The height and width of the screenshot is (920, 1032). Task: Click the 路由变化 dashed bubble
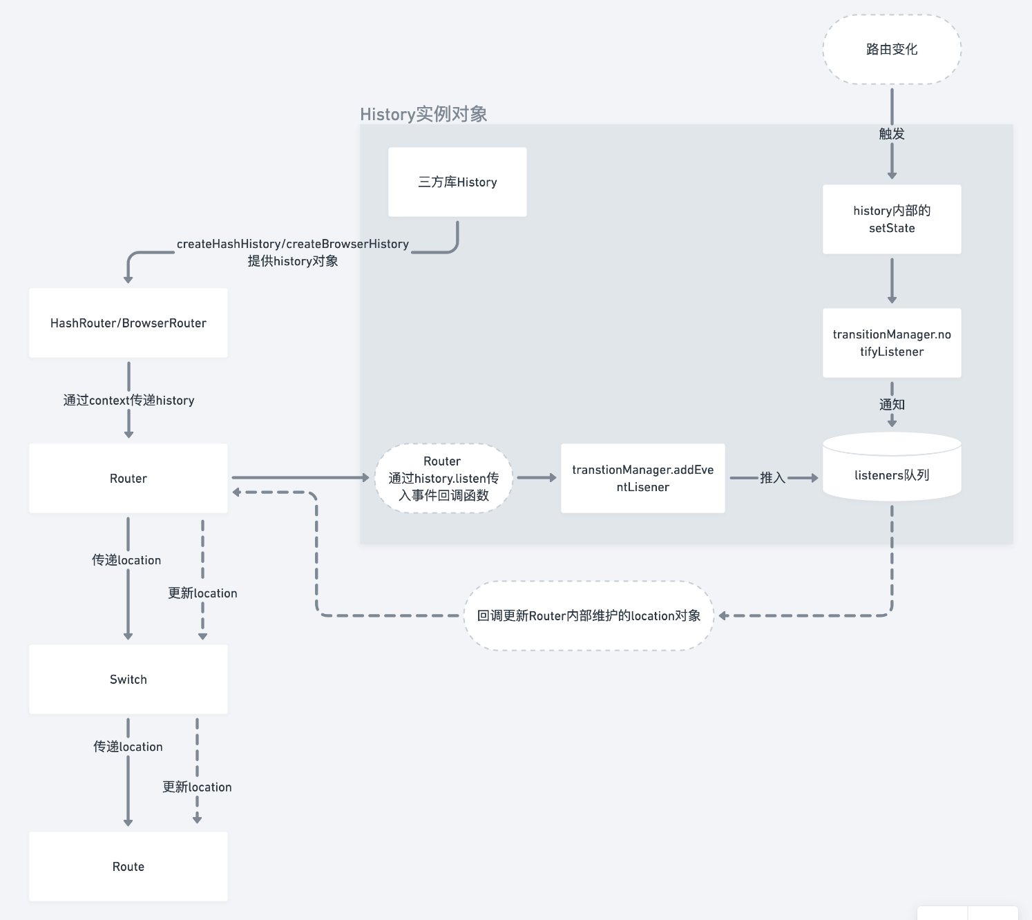(891, 50)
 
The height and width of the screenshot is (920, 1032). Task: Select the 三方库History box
(457, 182)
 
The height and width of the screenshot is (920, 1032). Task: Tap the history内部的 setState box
(891, 219)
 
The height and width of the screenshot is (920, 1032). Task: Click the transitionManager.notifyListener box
(891, 343)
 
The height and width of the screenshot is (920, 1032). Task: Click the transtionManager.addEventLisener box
(642, 478)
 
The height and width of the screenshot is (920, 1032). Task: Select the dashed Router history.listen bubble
(443, 478)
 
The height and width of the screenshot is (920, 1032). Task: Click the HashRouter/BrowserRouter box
(128, 323)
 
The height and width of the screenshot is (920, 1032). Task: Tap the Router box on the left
(128, 479)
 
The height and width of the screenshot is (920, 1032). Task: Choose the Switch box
(128, 680)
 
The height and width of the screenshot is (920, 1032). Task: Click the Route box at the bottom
(128, 867)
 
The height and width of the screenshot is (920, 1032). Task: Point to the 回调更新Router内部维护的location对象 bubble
(589, 615)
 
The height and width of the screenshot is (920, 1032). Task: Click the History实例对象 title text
(423, 114)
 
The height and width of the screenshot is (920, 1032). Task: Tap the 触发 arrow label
(891, 134)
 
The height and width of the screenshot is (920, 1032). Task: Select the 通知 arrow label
(891, 405)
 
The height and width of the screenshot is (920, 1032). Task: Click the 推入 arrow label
(772, 478)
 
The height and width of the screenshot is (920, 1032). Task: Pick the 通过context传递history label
(128, 401)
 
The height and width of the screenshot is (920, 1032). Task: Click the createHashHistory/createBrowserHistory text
(293, 245)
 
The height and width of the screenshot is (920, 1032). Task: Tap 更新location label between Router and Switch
(202, 593)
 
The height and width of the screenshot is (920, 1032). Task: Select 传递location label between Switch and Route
(128, 747)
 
